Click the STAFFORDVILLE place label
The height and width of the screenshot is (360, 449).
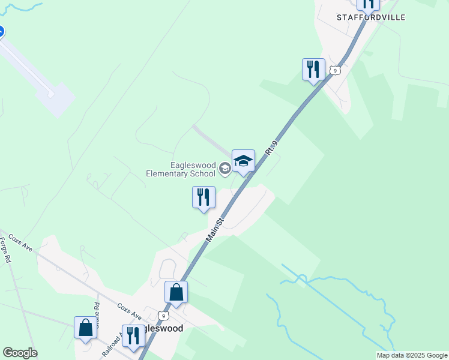click(370, 17)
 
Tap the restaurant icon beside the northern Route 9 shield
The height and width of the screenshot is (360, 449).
click(313, 70)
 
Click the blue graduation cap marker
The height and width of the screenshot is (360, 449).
click(243, 161)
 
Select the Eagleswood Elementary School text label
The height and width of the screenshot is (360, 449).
click(181, 169)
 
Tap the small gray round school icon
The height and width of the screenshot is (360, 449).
click(224, 169)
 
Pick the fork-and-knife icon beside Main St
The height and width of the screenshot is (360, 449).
click(203, 197)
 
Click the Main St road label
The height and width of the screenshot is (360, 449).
click(214, 230)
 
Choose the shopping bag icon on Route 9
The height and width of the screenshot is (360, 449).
click(176, 292)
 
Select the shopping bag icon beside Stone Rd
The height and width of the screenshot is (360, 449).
click(85, 328)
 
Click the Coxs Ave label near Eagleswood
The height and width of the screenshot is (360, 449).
click(129, 311)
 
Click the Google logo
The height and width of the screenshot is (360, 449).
click(20, 353)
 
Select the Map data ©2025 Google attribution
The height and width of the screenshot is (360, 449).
click(412, 355)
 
